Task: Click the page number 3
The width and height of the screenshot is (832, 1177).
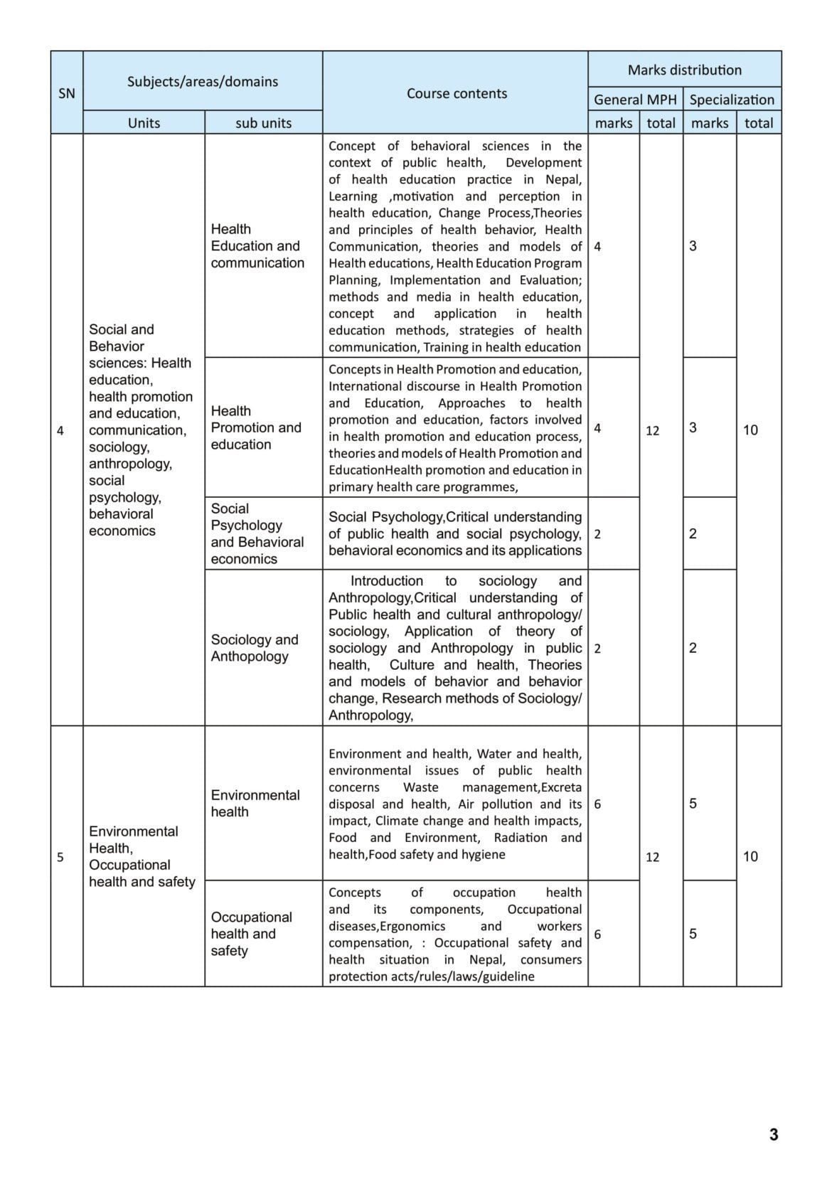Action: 774,1134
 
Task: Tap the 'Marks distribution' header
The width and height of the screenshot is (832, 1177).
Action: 684,70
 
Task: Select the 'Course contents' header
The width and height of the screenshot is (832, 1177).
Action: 457,93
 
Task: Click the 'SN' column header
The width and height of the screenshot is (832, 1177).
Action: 66,93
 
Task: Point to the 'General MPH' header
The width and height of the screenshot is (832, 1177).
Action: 635,100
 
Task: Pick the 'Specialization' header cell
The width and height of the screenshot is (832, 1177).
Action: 732,100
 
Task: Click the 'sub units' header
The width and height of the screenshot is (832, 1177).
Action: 263,122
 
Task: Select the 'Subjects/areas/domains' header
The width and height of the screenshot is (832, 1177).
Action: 202,81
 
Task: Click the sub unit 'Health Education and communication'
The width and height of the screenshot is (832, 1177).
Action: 257,245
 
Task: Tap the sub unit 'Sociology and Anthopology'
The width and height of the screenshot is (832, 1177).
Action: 254,647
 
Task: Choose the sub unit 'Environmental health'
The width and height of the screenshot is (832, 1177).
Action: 255,803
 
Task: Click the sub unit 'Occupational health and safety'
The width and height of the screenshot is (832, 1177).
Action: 251,933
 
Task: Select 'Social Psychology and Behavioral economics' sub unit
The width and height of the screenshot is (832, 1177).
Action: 257,533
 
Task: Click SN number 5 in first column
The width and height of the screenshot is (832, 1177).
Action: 60,857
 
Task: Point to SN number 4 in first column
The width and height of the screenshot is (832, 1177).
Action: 60,430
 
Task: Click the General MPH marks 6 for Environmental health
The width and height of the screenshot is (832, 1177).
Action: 597,804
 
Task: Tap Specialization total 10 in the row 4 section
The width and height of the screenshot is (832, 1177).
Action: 750,430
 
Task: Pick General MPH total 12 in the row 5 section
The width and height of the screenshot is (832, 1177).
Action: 652,857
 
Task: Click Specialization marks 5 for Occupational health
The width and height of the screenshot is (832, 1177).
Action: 693,934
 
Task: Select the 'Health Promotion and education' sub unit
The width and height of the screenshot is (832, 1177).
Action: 255,427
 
